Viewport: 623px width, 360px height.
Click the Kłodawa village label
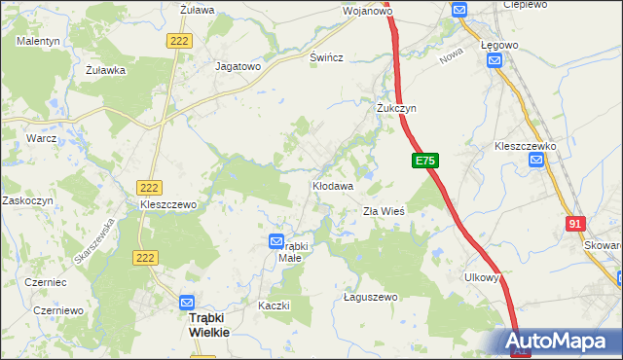(x=332, y=185)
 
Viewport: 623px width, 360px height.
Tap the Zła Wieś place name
(x=383, y=211)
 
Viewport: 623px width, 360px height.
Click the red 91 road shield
(x=574, y=225)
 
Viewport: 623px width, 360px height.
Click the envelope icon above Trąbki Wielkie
(x=188, y=303)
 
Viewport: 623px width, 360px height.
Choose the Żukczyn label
(x=396, y=108)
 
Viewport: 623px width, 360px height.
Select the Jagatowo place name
(x=238, y=67)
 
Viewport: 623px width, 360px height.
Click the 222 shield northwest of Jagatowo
(x=179, y=41)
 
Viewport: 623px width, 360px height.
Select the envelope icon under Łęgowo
(x=495, y=60)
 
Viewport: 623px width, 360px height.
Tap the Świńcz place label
(x=327, y=58)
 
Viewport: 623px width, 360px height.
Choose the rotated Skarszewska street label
(x=94, y=240)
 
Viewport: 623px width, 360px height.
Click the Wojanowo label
(x=367, y=12)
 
